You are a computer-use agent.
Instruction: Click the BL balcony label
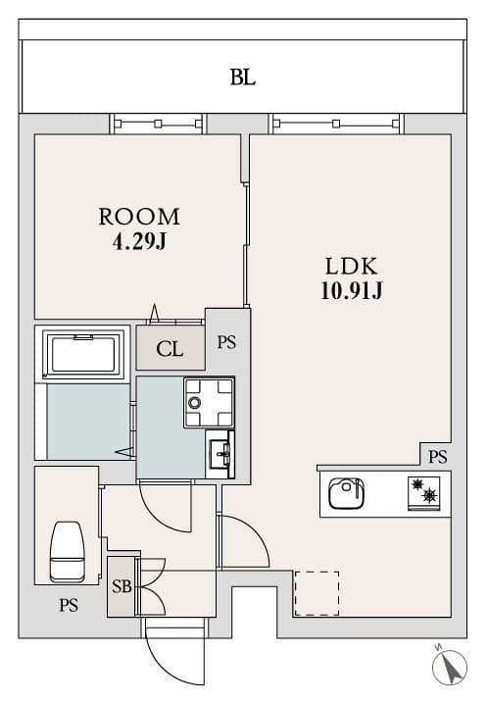(243, 77)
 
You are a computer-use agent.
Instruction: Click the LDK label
(351, 266)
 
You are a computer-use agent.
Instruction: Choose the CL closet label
(171, 348)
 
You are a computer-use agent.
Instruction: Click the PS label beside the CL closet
(226, 343)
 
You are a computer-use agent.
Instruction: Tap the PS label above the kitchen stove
(437, 456)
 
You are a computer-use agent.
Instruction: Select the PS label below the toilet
(67, 605)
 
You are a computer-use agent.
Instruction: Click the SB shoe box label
(122, 587)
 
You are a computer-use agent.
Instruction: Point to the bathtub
(83, 353)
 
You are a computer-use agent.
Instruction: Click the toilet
(67, 552)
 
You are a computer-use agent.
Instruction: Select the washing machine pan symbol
(208, 402)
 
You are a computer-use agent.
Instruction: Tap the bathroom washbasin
(220, 454)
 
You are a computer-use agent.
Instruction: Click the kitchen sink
(345, 493)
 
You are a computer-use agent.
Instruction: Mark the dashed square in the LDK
(317, 593)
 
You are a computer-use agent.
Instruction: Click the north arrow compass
(450, 669)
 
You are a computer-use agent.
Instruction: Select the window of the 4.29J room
(158, 124)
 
